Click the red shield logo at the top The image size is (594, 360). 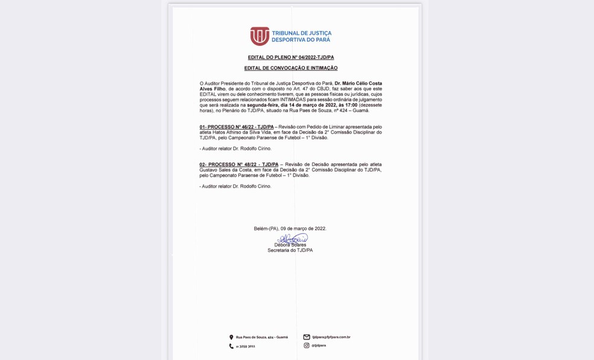pos(260,36)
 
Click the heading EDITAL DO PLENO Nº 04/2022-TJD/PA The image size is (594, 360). pos(290,57)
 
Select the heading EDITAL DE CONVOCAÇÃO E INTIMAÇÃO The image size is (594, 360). pos(290,68)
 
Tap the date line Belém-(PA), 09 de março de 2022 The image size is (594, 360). pos(290,228)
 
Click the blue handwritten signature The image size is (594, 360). pos(293,239)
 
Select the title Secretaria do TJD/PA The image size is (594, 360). pos(290,250)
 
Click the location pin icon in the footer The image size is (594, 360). pos(231,337)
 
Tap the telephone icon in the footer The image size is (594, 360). pos(231,346)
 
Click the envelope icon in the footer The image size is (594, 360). pos(307,337)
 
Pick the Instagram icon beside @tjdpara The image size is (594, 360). pos(307,346)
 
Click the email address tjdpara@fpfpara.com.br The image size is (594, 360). pos(331,337)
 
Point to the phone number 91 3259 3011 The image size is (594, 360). pos(245,346)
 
